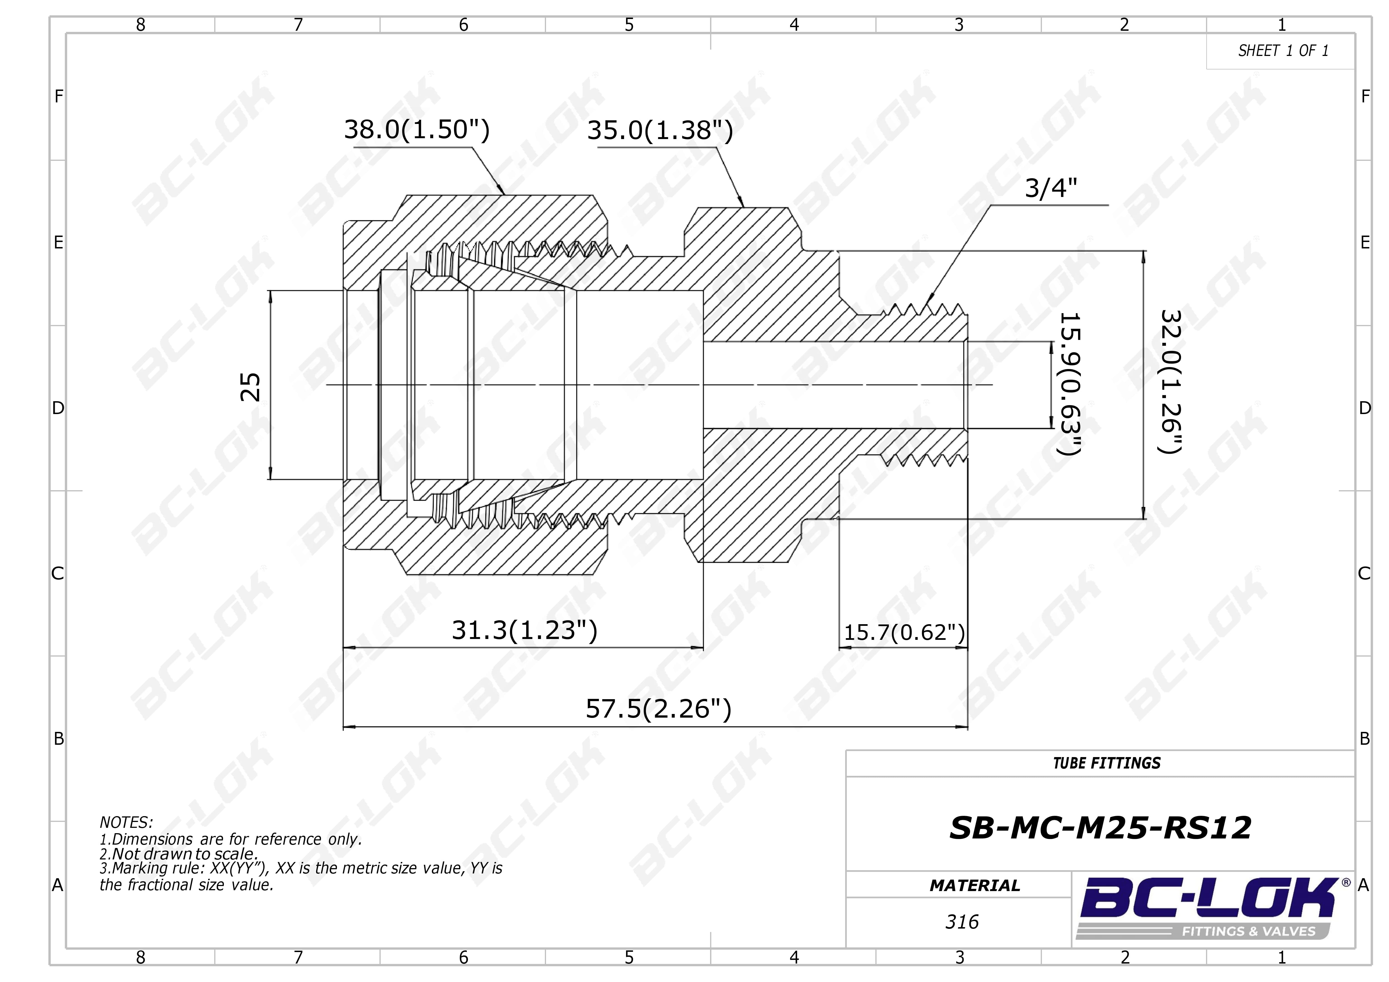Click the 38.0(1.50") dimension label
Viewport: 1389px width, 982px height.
coord(417,130)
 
